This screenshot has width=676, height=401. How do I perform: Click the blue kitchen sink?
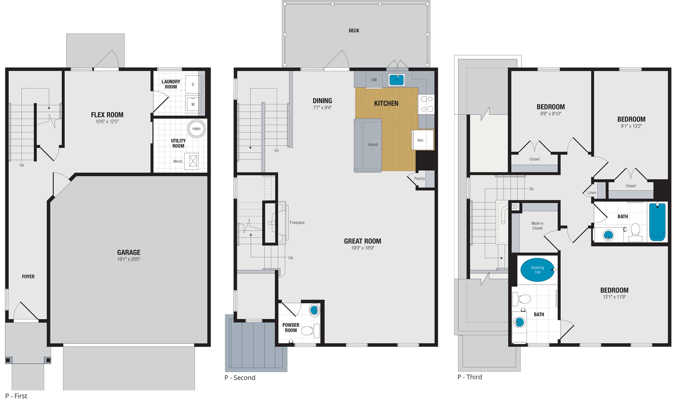point(396,80)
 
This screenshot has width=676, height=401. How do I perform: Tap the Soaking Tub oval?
point(538,270)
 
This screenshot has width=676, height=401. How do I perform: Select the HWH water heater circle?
point(196,129)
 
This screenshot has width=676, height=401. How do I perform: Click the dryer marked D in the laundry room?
point(193,85)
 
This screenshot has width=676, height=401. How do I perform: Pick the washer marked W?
point(193,104)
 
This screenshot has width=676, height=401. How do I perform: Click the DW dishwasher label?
point(374,80)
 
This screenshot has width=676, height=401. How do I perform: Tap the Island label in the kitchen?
point(373,144)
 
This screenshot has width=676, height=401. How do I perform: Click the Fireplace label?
point(297,223)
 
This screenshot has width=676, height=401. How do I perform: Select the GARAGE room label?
point(129,252)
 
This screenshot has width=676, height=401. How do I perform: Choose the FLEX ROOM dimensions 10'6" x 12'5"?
point(107,122)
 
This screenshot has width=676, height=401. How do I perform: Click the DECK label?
point(354,30)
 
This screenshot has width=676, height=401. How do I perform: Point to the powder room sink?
point(314,310)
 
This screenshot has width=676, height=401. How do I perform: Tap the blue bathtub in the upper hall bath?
point(658,222)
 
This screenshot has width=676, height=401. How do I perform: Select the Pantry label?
point(419,179)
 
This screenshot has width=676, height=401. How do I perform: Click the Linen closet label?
point(592,193)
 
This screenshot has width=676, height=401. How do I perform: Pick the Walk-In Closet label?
point(538,226)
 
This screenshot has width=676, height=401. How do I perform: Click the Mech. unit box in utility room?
point(193,161)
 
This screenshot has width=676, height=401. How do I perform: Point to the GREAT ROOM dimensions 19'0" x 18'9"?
point(362,248)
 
